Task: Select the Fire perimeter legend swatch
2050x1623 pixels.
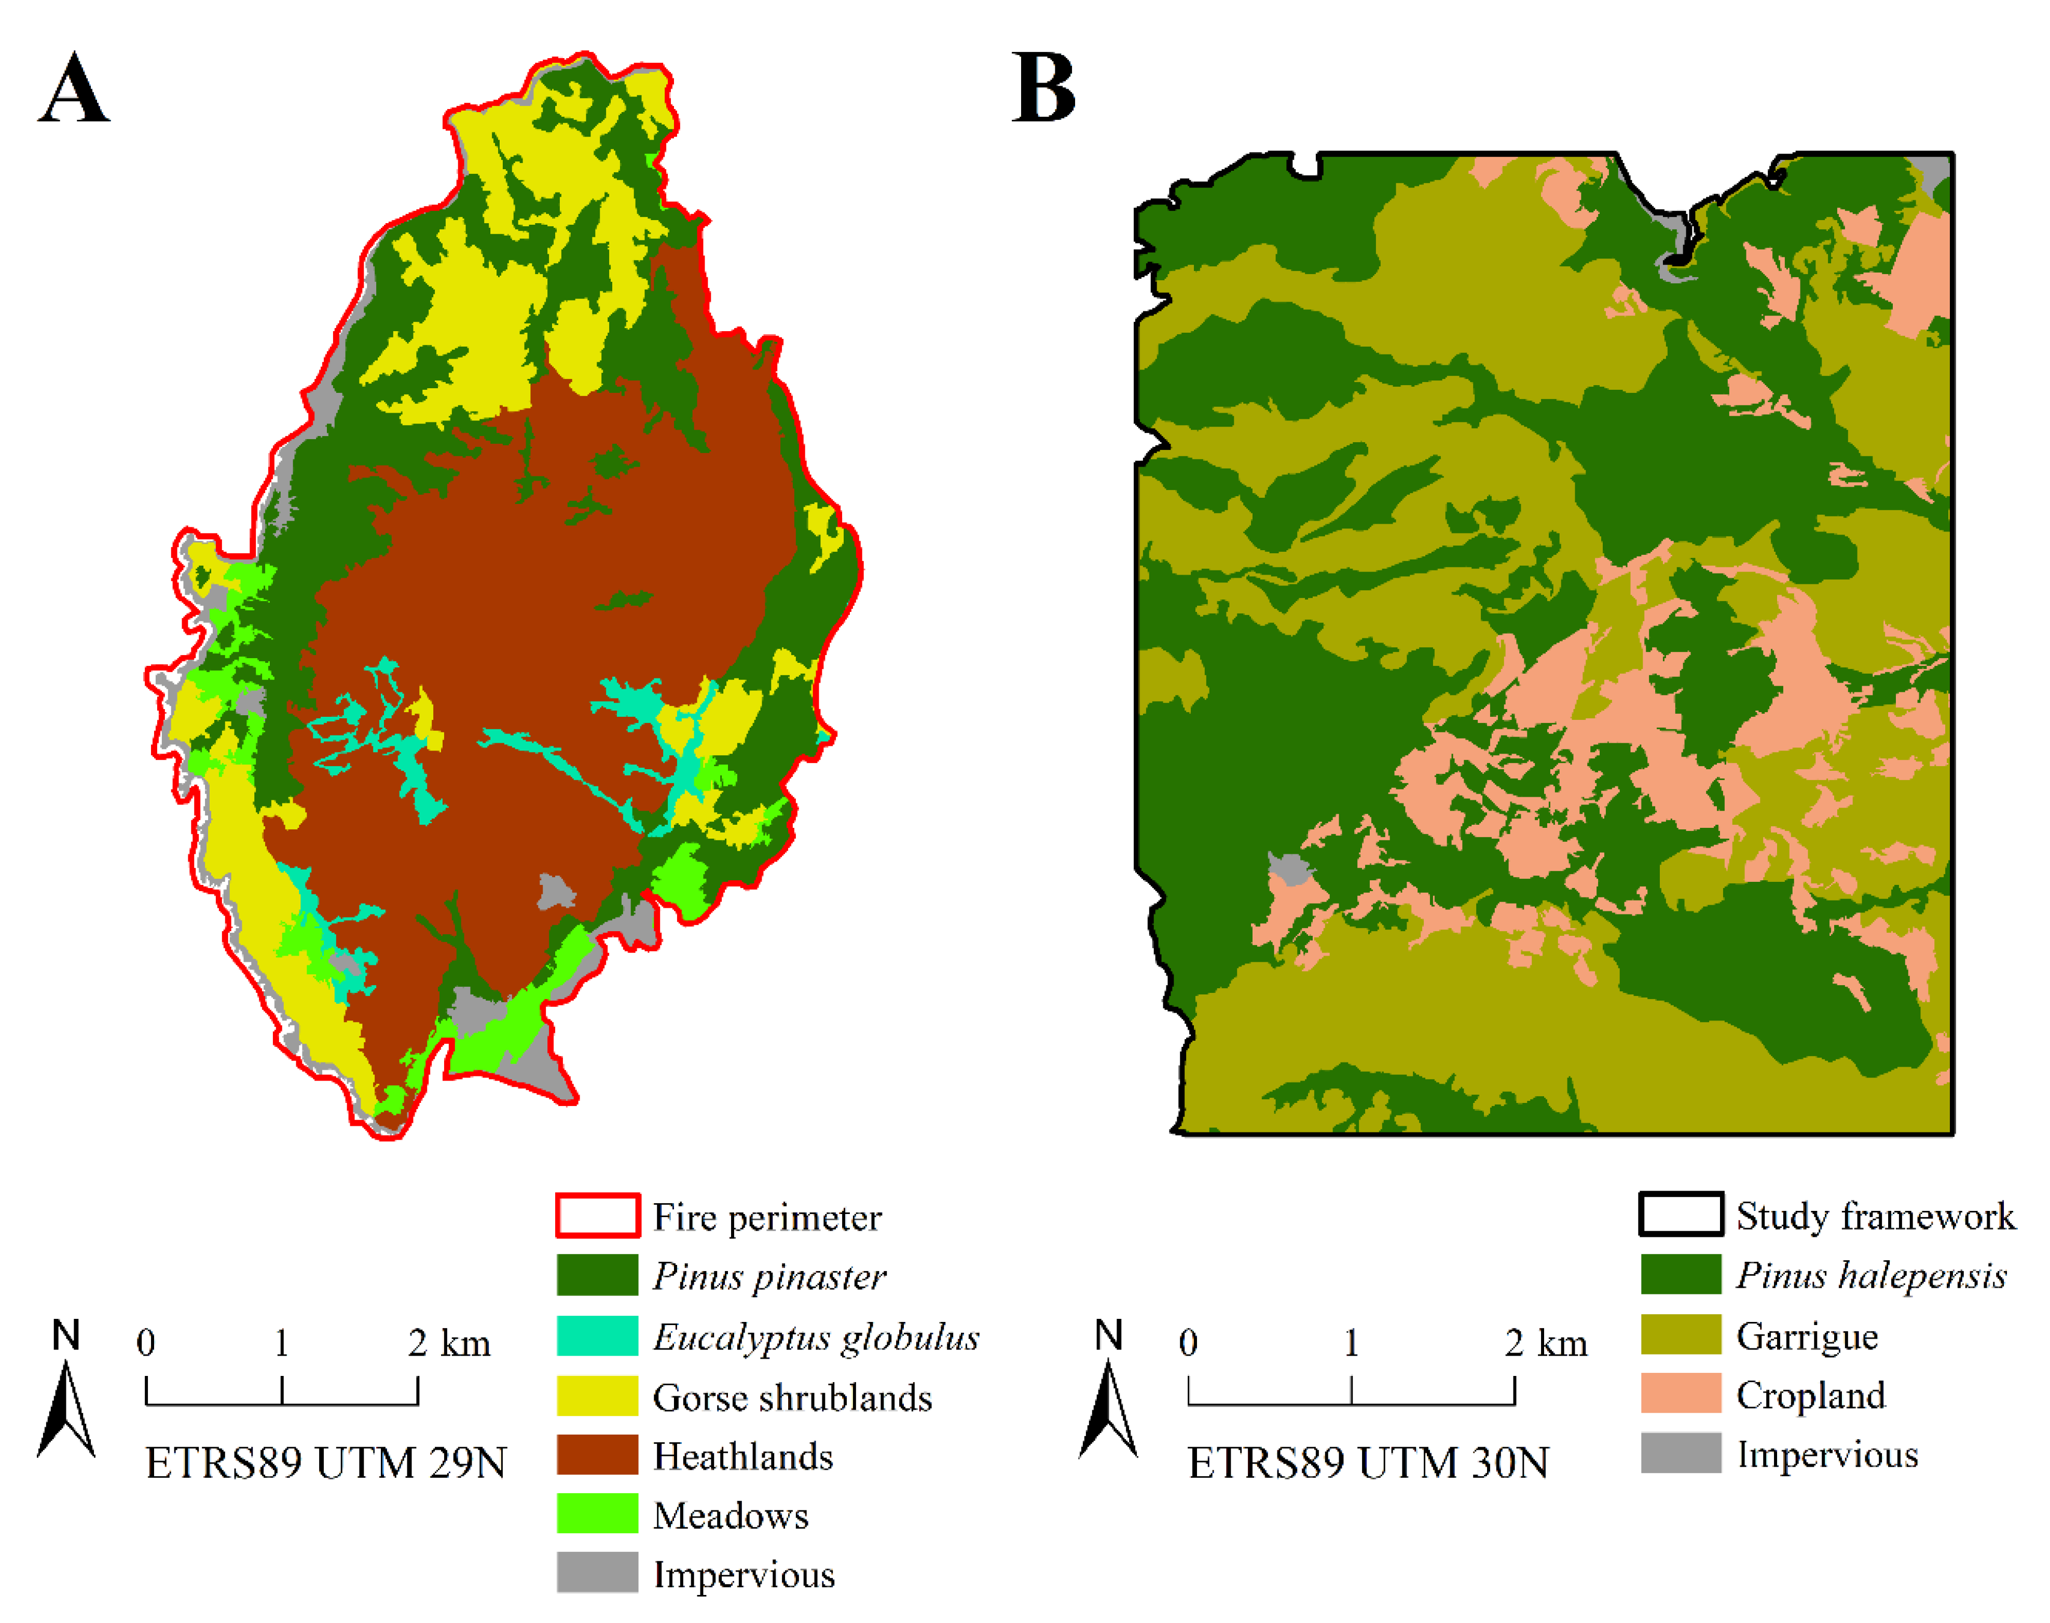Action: click(x=598, y=1216)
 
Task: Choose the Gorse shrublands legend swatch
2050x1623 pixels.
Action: click(x=598, y=1396)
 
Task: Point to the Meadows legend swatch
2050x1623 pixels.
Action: click(x=598, y=1513)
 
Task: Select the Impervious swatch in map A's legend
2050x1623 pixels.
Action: click(x=598, y=1573)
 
